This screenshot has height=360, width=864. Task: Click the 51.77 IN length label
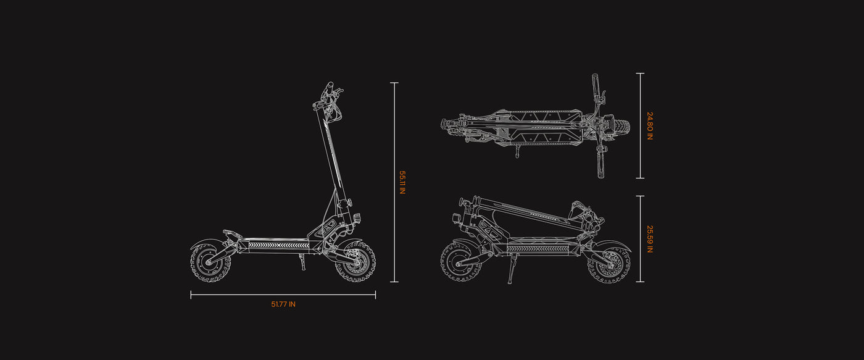coord(283,304)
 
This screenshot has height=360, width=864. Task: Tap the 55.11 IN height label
coord(402,182)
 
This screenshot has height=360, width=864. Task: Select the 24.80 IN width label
coord(650,126)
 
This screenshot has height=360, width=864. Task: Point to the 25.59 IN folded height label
coord(650,239)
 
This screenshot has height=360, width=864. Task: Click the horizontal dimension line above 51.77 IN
coord(283,295)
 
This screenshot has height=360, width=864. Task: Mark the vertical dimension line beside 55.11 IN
coord(394,182)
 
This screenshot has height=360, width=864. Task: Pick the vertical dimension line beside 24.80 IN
coord(641,126)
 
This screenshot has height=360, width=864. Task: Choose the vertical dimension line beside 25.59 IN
coord(641,239)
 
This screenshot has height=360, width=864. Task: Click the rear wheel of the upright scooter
coord(210,262)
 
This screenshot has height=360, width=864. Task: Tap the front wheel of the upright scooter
coord(355,261)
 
